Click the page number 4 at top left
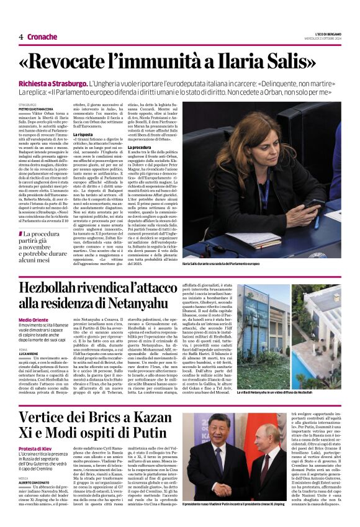tap(21, 37)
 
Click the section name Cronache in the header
tap(42, 37)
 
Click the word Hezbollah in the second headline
tap(60, 289)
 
